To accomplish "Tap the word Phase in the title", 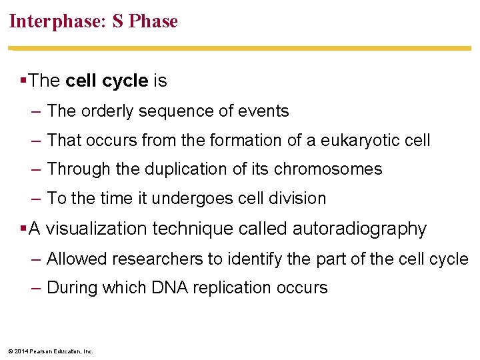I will [x=153, y=21].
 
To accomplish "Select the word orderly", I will [x=109, y=111].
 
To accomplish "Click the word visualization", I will [x=97, y=229].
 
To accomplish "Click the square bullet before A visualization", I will [x=23, y=229].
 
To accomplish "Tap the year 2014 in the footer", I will [x=21, y=351].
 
